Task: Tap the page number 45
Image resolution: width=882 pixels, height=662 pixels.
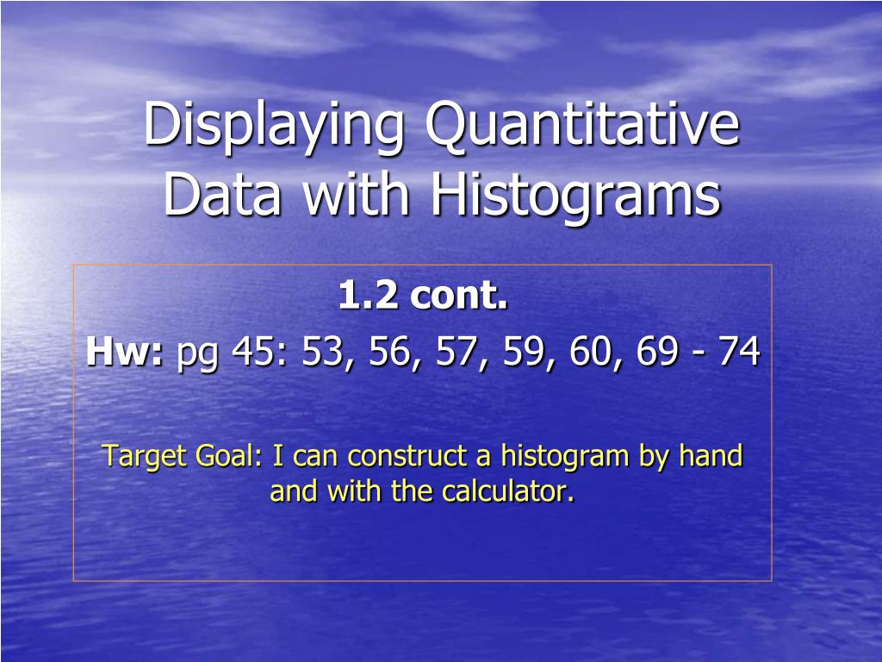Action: click(257, 353)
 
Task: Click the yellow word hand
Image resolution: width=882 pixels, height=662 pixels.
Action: click(711, 455)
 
